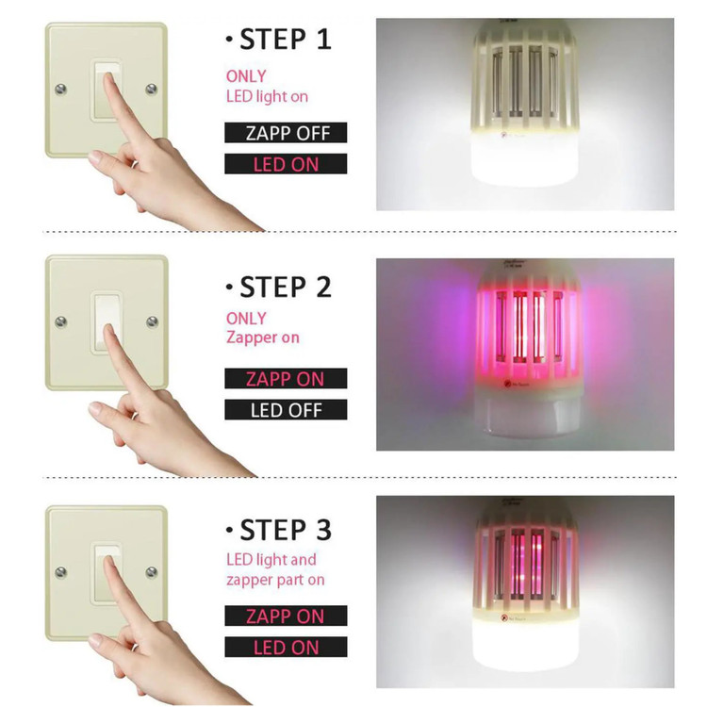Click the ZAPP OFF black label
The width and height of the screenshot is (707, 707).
286,133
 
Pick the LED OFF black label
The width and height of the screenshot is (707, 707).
286,409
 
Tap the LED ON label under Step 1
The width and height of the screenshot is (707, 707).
286,164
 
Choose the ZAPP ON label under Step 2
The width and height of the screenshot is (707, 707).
286,378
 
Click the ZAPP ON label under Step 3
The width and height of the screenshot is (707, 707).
286,616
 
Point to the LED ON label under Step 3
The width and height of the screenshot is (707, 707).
286,647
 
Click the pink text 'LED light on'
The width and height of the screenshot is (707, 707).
267,96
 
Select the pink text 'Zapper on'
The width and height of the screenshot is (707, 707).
263,337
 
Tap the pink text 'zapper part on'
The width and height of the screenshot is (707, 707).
275,580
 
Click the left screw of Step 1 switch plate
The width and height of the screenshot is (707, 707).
61,90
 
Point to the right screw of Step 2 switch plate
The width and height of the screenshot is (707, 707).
153,321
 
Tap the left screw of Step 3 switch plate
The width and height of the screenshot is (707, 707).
61,572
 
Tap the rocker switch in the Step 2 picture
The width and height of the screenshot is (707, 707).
107,322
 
